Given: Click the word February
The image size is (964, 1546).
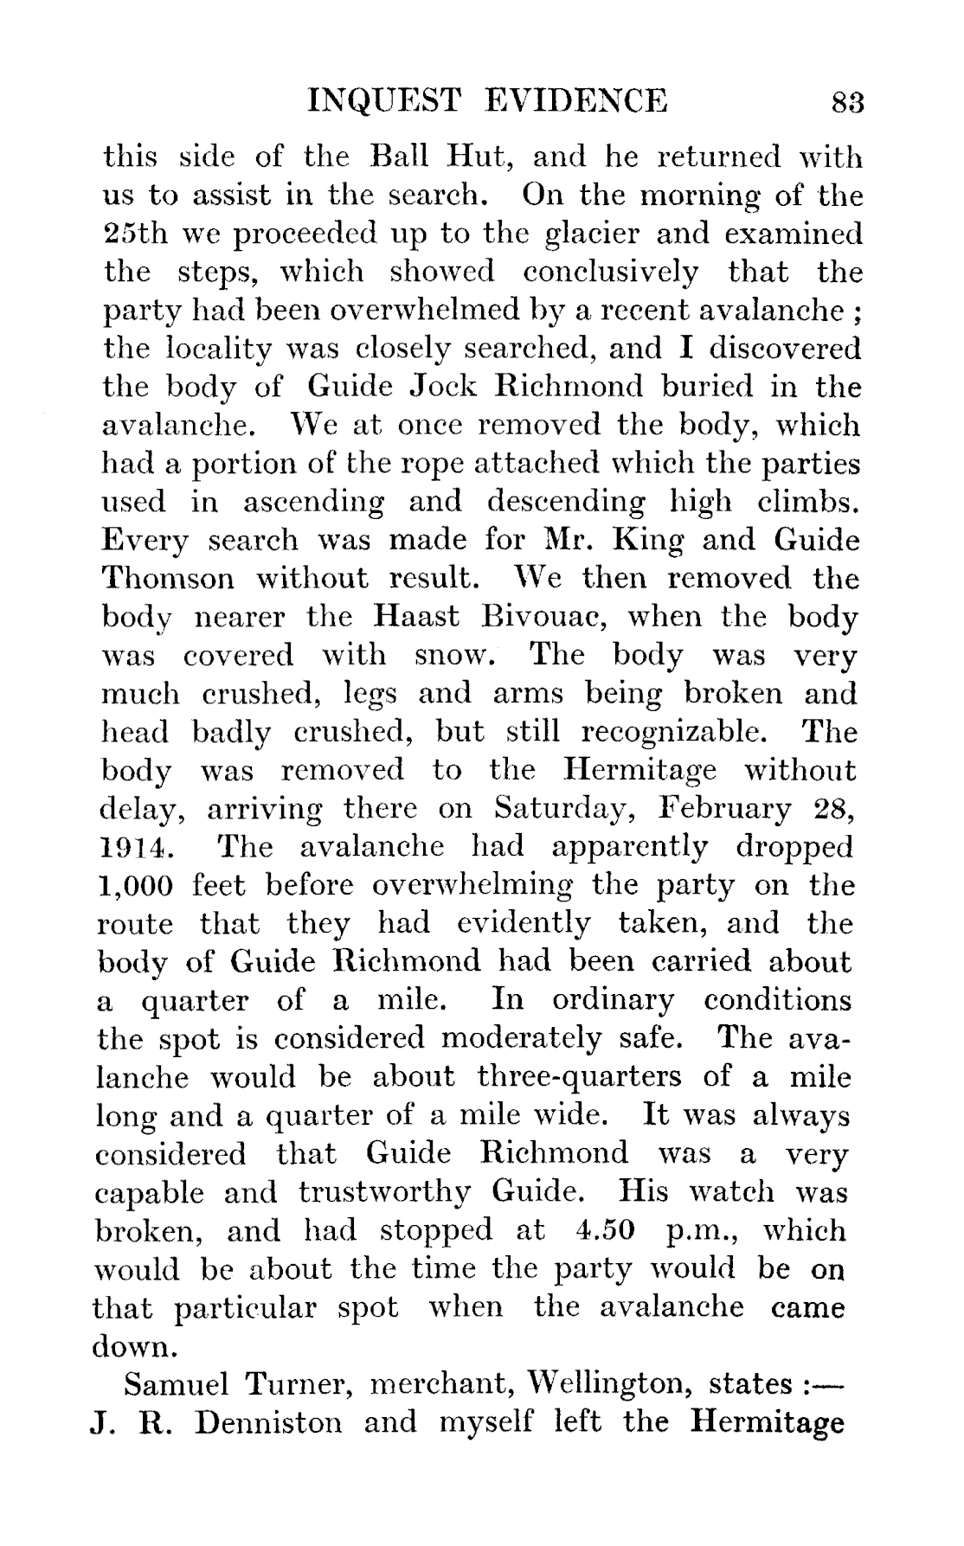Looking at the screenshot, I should pos(725,808).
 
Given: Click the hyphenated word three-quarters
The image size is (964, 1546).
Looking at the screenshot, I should pos(579,1077).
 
